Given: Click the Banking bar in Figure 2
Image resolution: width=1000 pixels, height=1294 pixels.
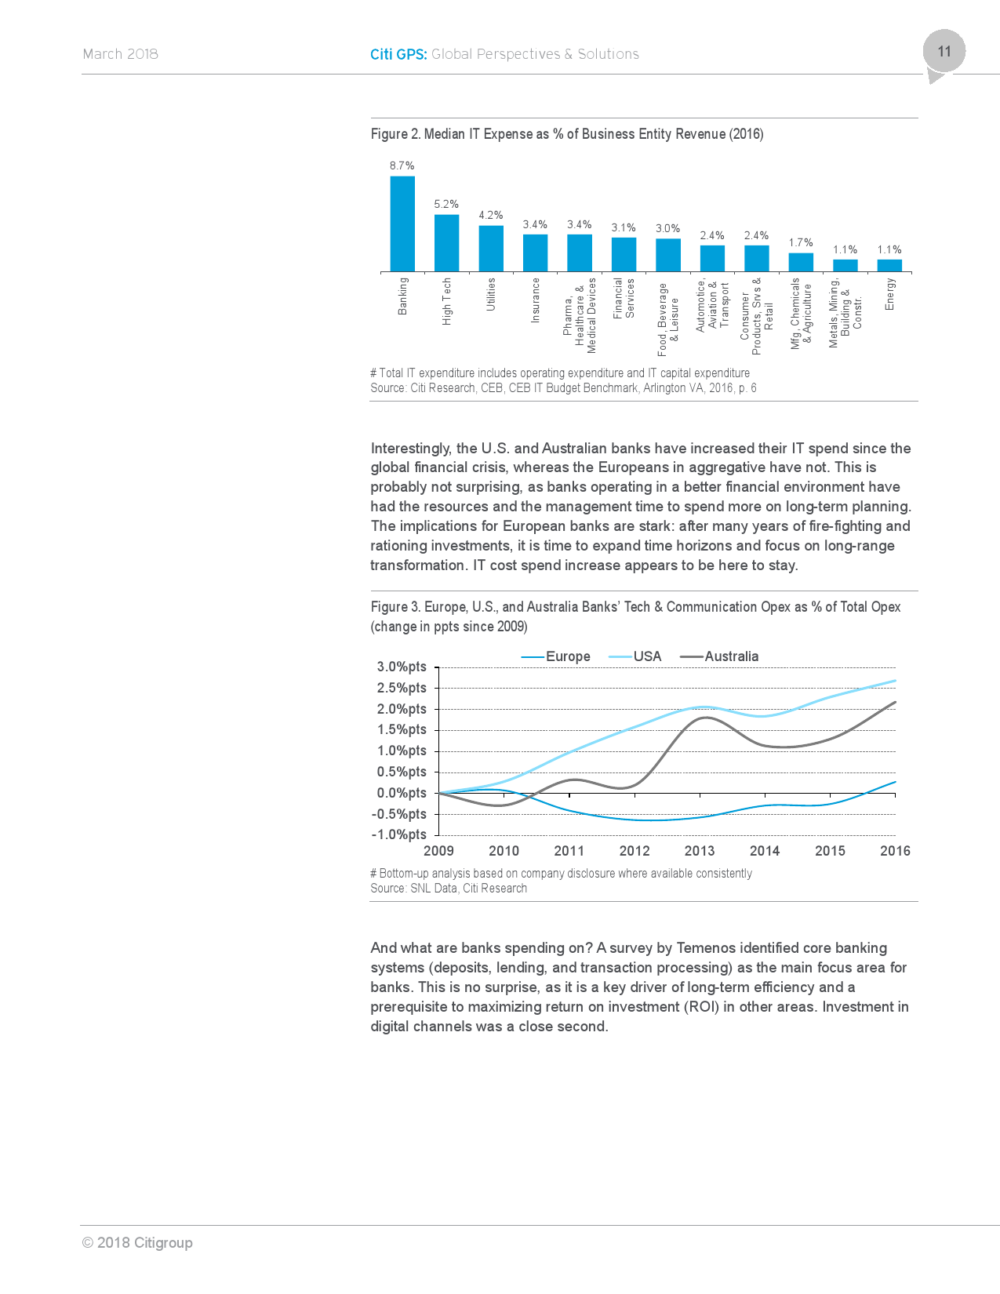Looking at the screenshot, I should click(402, 224).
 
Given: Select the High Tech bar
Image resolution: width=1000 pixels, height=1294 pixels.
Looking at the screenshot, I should click(446, 243).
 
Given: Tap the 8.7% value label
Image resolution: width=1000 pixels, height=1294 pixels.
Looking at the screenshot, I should click(402, 165).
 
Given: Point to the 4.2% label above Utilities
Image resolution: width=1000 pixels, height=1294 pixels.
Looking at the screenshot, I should click(491, 215).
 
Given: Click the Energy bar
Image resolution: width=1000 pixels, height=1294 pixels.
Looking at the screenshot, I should click(889, 266).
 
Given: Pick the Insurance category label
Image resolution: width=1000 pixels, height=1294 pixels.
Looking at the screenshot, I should click(536, 300).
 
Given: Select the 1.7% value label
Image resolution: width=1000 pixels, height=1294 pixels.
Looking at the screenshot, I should click(801, 242).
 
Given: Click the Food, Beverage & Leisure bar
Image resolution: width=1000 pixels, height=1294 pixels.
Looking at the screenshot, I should click(668, 255).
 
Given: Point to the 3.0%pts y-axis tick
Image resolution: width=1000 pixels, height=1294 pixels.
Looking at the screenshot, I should click(402, 667).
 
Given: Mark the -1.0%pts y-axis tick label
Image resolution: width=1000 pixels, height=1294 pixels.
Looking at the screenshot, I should click(399, 834).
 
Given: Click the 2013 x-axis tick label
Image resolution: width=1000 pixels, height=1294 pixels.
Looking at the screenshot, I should click(700, 851).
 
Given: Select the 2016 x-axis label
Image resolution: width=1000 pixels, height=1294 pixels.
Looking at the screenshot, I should click(895, 851).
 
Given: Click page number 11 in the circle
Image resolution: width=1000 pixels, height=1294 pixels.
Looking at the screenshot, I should click(944, 52).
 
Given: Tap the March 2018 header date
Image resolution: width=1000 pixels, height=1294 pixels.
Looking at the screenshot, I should click(121, 54).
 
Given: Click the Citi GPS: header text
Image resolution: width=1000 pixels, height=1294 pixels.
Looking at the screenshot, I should click(398, 54).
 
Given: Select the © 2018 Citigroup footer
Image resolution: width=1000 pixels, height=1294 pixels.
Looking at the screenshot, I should click(137, 1242).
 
